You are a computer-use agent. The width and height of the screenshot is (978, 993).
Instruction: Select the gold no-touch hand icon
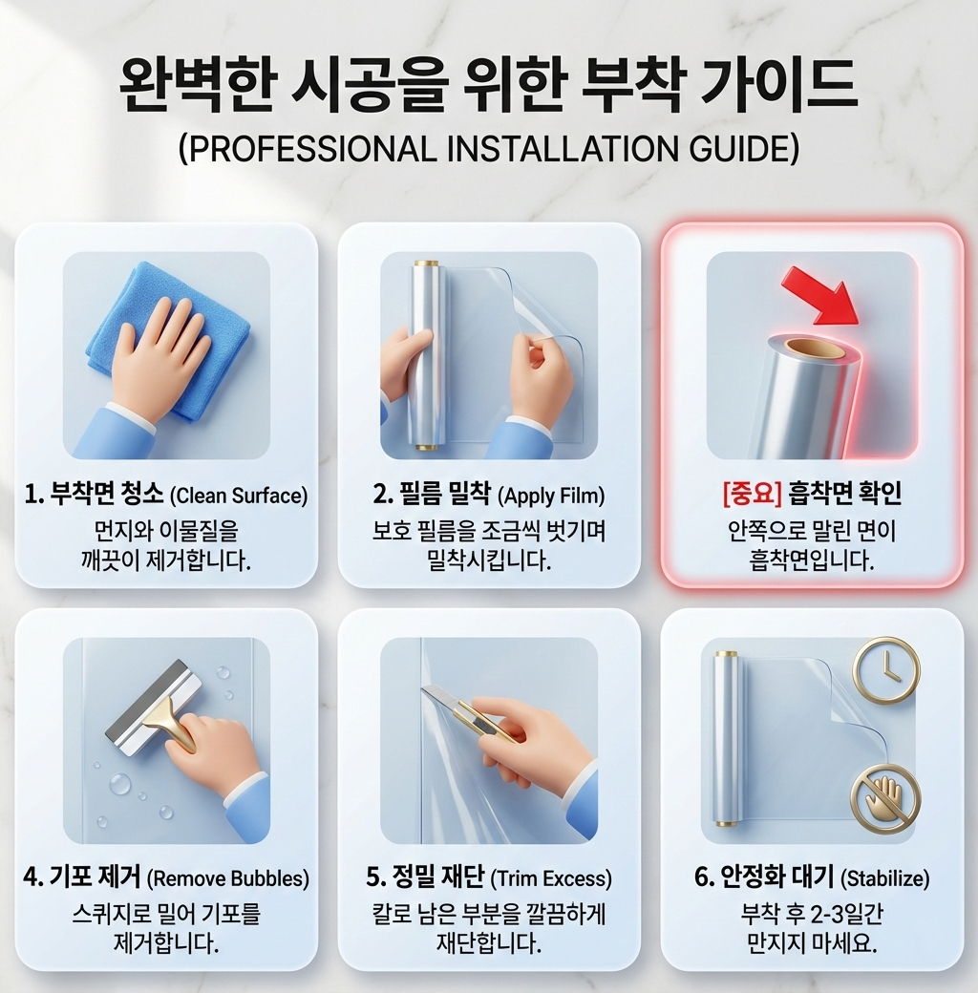pyautogui.click(x=885, y=799)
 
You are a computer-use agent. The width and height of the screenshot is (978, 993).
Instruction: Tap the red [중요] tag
pyautogui.click(x=752, y=494)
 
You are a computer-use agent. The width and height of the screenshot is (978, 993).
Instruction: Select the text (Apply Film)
pyautogui.click(x=551, y=496)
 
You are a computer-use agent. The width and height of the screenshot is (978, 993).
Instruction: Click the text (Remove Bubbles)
pyautogui.click(x=228, y=879)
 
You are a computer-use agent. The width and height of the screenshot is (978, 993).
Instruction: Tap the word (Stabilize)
pyautogui.click(x=885, y=879)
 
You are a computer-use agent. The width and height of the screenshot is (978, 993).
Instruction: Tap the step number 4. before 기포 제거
pyautogui.click(x=32, y=878)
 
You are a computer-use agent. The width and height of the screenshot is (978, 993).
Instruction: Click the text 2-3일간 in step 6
pyautogui.click(x=845, y=915)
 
